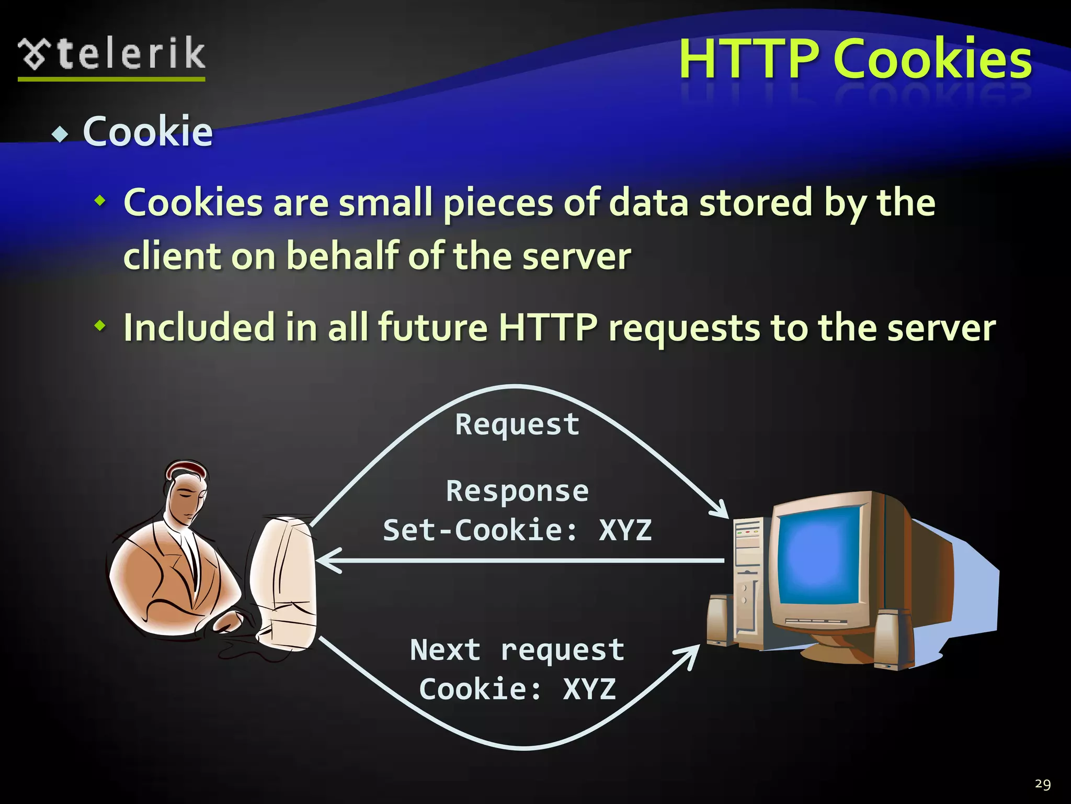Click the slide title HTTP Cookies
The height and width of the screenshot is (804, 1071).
pyautogui.click(x=855, y=59)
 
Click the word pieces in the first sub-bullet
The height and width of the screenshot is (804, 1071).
pyautogui.click(x=498, y=203)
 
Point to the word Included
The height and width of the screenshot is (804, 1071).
pyautogui.click(x=199, y=328)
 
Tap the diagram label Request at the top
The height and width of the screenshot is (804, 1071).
pyautogui.click(x=517, y=424)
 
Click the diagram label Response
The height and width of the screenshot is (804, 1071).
pyautogui.click(x=517, y=491)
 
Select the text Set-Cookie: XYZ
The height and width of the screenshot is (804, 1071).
pyautogui.click(x=517, y=530)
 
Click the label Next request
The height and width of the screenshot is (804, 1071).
pyautogui.click(x=517, y=650)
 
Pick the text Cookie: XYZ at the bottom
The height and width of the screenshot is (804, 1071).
pyautogui.click(x=517, y=689)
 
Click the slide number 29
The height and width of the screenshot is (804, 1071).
pyautogui.click(x=1043, y=784)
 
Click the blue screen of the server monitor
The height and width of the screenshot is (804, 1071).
pyautogui.click(x=818, y=555)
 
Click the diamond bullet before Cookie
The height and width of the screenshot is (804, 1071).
pyautogui.click(x=61, y=135)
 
